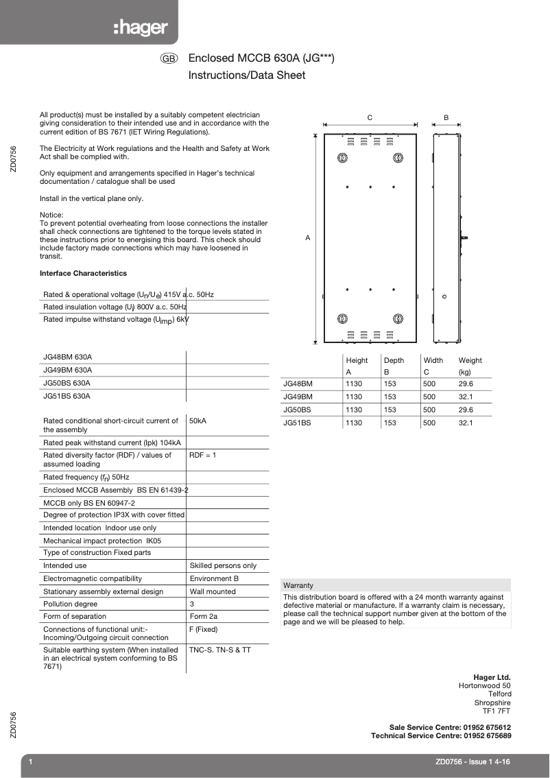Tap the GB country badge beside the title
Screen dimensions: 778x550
coord(169,60)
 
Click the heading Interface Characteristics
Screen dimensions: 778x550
coord(83,273)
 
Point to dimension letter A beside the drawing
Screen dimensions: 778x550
coord(307,237)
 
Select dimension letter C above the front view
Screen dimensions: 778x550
coord(370,118)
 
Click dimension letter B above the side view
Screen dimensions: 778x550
coord(446,118)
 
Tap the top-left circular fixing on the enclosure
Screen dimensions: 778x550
coord(343,158)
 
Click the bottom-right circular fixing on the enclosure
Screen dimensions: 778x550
coord(398,319)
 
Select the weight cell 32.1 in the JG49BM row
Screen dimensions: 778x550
coord(466,397)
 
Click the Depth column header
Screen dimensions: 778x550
coord(394,360)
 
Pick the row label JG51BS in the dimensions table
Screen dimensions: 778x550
coord(297,423)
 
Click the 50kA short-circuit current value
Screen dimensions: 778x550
coord(198,421)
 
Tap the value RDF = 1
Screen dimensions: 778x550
coord(202,455)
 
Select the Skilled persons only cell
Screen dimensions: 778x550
coord(223,565)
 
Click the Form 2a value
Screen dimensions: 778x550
coord(203,616)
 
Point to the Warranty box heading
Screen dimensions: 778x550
coord(298,585)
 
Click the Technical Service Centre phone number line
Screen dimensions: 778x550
coord(440,735)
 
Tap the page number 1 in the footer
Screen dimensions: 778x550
coord(31,762)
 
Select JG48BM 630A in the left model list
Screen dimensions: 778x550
coord(67,357)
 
